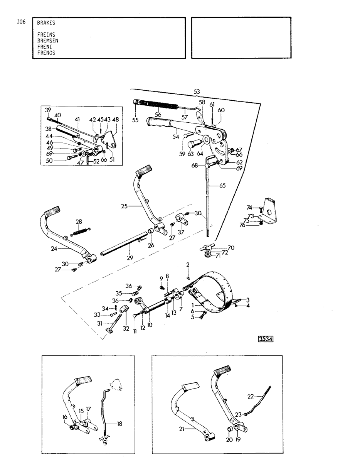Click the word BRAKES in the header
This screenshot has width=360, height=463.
(x=46, y=23)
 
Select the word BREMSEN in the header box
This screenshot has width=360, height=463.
(x=48, y=41)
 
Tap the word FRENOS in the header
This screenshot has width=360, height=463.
(x=46, y=53)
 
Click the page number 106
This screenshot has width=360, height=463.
(x=21, y=22)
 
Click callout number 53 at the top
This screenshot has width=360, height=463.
(x=197, y=91)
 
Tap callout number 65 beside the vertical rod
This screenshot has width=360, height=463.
(x=222, y=186)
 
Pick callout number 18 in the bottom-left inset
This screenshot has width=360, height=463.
(x=119, y=424)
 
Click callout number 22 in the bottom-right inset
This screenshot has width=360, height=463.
(x=251, y=396)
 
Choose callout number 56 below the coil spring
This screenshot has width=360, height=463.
(x=158, y=115)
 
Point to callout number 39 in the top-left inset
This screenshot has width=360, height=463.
(x=48, y=110)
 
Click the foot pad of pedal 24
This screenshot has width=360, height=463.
(x=51, y=213)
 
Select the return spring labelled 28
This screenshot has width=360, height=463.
(x=81, y=233)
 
